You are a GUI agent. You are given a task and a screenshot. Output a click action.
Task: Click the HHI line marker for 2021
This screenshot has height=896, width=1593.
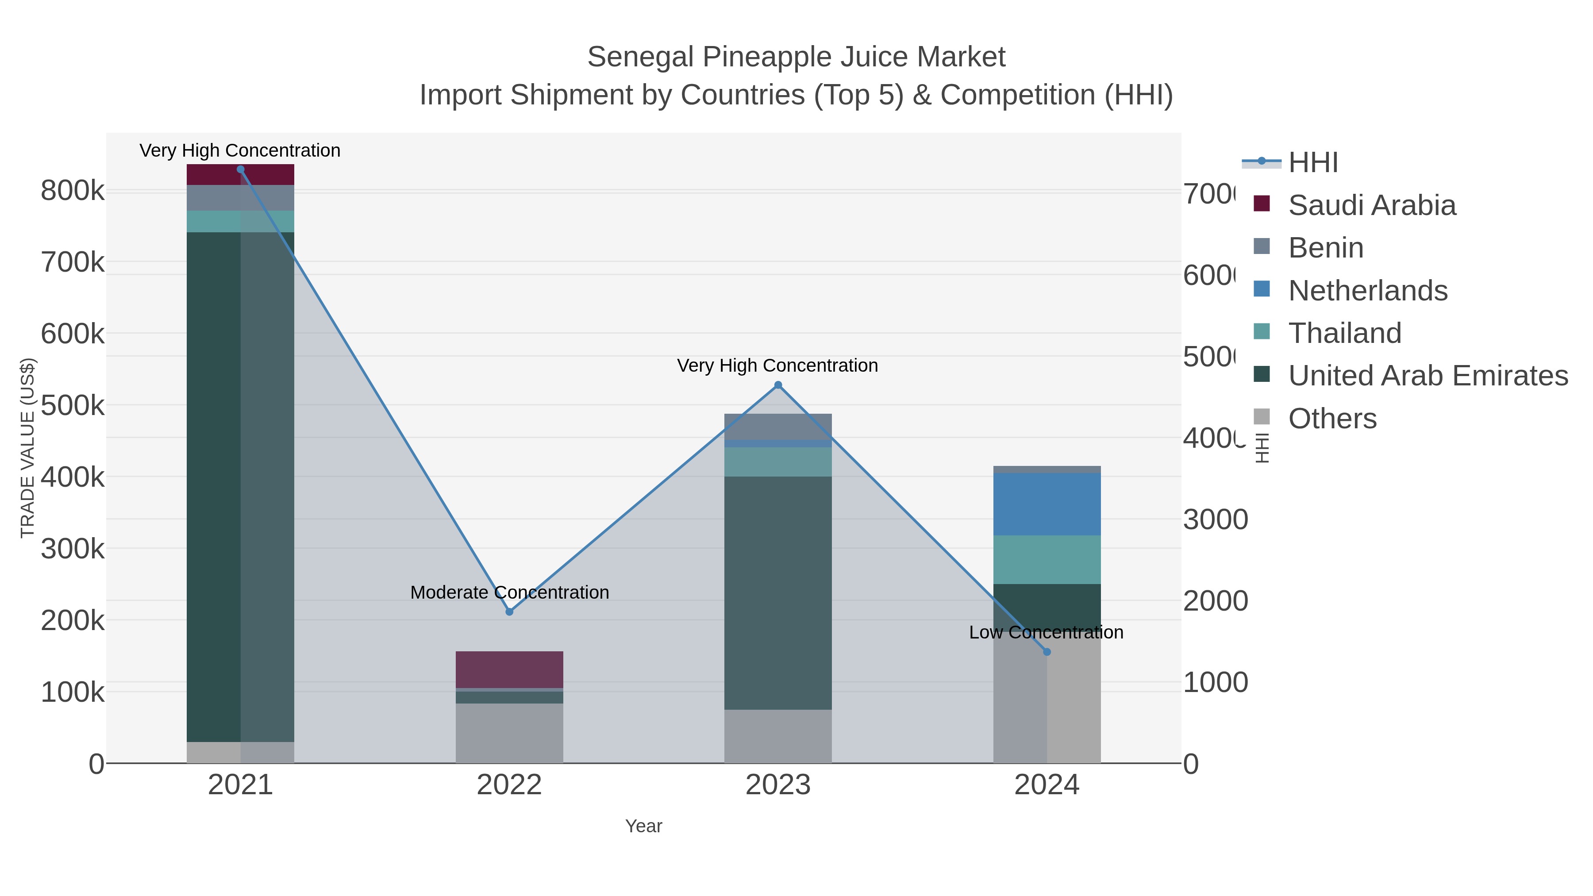pyautogui.click(x=241, y=169)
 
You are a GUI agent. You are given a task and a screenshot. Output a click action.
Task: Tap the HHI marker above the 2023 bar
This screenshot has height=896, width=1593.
pyautogui.click(x=778, y=385)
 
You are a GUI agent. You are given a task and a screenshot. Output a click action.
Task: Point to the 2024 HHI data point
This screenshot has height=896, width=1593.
pyautogui.click(x=1047, y=652)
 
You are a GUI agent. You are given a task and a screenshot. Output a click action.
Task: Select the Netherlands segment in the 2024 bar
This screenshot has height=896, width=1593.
pyautogui.click(x=1047, y=504)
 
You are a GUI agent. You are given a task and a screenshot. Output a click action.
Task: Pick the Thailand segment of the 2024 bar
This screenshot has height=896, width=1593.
pyautogui.click(x=1047, y=560)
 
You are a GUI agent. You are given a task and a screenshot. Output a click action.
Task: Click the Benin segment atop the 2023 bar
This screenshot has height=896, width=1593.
pyautogui.click(x=778, y=427)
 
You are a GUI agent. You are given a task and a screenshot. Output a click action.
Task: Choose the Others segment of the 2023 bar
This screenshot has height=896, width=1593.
pyautogui.click(x=778, y=736)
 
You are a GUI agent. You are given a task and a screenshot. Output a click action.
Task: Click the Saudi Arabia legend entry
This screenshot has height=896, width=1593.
pyautogui.click(x=1372, y=205)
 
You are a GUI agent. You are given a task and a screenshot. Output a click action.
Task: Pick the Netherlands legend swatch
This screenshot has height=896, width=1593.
pyautogui.click(x=1262, y=289)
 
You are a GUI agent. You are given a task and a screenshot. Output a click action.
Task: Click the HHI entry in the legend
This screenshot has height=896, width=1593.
pyautogui.click(x=1313, y=163)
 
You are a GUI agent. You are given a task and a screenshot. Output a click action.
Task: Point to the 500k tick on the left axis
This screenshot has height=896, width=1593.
pyautogui.click(x=73, y=406)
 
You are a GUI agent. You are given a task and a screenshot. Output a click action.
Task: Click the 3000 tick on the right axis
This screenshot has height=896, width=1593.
pyautogui.click(x=1215, y=519)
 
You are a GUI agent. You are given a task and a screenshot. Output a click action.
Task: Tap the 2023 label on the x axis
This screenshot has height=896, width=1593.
pyautogui.click(x=778, y=784)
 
